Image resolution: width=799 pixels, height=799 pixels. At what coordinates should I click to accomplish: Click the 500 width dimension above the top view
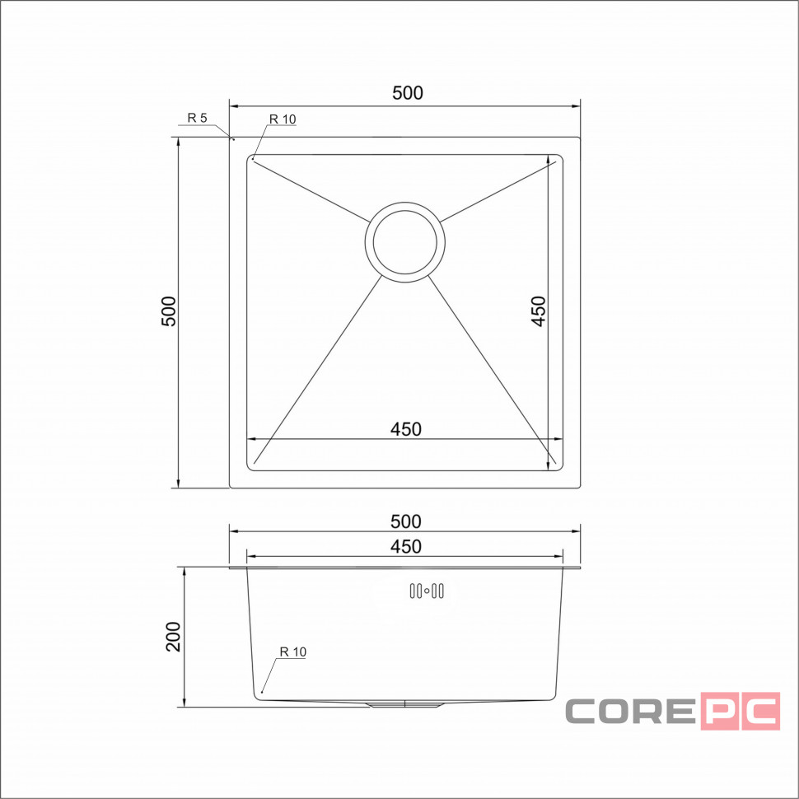click(x=407, y=93)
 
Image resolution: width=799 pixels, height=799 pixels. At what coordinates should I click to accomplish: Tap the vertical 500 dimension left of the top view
click(x=169, y=311)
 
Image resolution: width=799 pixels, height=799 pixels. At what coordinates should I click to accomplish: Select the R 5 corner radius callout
click(x=197, y=119)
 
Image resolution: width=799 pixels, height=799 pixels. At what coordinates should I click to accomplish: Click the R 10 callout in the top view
click(x=283, y=119)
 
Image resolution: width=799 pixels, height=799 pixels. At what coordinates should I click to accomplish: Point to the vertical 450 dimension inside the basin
click(x=538, y=311)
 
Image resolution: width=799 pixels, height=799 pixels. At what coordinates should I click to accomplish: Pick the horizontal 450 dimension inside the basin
click(x=405, y=429)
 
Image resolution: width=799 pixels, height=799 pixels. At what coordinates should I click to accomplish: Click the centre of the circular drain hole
click(x=405, y=242)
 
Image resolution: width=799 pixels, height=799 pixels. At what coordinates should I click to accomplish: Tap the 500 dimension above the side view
click(x=405, y=521)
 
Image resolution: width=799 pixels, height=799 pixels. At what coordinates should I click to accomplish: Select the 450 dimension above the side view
click(x=405, y=547)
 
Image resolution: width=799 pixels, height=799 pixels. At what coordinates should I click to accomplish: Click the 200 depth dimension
click(x=173, y=637)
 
